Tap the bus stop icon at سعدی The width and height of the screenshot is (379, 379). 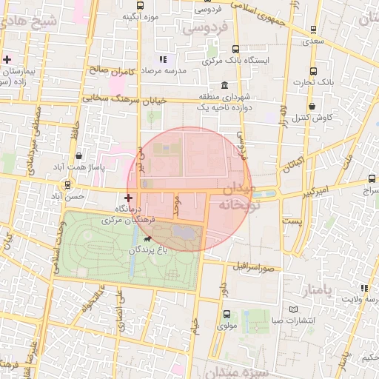315,30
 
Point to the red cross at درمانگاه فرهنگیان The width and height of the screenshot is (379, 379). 130,198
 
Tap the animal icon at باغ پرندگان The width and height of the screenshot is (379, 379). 147,240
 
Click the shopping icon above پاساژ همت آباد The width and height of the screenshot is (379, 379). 79,155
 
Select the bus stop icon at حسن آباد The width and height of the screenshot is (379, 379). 68,185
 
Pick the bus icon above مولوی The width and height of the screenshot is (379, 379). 226,314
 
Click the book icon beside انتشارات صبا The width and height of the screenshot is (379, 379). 294,309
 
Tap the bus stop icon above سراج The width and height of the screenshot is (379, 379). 371,178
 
